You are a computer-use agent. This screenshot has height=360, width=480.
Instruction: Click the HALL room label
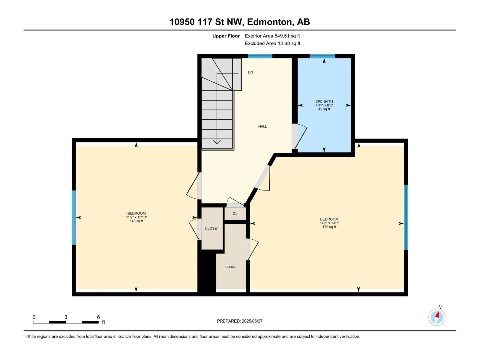coord(262,126)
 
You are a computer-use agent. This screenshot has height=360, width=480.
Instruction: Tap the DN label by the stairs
coord(250,72)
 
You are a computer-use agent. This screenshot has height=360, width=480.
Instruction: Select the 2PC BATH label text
coord(324,101)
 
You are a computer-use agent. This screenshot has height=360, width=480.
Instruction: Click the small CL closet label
coord(235,214)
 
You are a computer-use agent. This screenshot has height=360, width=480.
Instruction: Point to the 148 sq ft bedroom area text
coord(136,221)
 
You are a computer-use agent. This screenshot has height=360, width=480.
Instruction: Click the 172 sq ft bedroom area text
coord(329,227)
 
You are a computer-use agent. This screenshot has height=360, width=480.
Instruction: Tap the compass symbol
coord(437,317)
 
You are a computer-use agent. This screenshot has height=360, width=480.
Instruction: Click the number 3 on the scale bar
coord(66,317)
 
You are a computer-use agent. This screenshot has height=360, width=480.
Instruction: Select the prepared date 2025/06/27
coord(252,321)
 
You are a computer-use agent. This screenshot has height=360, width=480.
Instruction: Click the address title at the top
coord(240,22)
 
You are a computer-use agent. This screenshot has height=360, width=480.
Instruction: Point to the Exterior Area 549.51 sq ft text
coord(272,36)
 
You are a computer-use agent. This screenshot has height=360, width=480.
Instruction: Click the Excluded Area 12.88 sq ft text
coord(272,43)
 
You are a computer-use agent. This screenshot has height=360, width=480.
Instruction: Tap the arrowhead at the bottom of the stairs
coord(217,142)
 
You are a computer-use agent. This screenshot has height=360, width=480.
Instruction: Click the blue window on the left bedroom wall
coord(74,217)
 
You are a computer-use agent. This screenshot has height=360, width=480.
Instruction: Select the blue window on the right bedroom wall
coord(406,217)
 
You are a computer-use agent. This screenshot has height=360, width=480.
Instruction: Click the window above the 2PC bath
coord(322,56)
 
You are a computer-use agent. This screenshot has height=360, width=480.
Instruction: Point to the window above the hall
coord(260,56)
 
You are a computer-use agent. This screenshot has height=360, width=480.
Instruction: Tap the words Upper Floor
coord(226,36)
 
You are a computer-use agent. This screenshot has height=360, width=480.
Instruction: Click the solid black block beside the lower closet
coord(207,272)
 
